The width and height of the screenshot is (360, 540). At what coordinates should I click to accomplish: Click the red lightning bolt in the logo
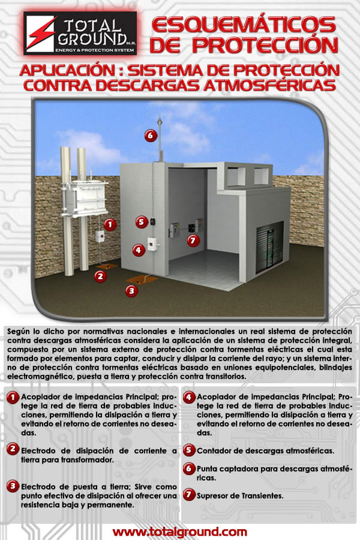pyautogui.click(x=40, y=33)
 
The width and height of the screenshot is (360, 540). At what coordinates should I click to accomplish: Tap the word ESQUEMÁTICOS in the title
pyautogui.click(x=244, y=25)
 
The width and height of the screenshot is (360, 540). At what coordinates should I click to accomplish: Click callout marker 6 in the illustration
pyautogui.click(x=151, y=136)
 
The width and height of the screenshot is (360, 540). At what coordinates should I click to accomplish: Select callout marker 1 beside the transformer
pyautogui.click(x=110, y=225)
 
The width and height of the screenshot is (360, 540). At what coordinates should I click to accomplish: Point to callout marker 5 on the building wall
pyautogui.click(x=141, y=222)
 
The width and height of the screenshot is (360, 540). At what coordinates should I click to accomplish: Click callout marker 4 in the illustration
pyautogui.click(x=139, y=250)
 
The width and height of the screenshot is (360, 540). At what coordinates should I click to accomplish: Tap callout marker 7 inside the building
pyautogui.click(x=193, y=240)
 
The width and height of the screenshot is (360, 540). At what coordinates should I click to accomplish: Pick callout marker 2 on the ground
pyautogui.click(x=100, y=276)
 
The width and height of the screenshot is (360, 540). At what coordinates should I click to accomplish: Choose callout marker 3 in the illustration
pyautogui.click(x=131, y=290)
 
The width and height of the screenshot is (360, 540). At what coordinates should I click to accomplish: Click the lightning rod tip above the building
pyautogui.click(x=159, y=118)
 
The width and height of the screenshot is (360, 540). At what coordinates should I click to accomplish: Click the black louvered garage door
pyautogui.click(x=270, y=247)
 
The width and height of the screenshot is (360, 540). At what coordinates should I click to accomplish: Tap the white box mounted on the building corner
pyautogui.click(x=152, y=244)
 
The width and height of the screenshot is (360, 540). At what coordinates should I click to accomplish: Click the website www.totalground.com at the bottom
pyautogui.click(x=179, y=532)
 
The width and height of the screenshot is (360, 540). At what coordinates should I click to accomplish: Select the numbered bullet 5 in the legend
pyautogui.click(x=188, y=450)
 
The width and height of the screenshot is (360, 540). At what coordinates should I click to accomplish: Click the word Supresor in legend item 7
pyautogui.click(x=212, y=496)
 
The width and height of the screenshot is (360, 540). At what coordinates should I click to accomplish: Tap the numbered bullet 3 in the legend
pyautogui.click(x=13, y=486)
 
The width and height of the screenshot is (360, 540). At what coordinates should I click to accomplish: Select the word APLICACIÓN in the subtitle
pyautogui.click(x=68, y=70)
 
